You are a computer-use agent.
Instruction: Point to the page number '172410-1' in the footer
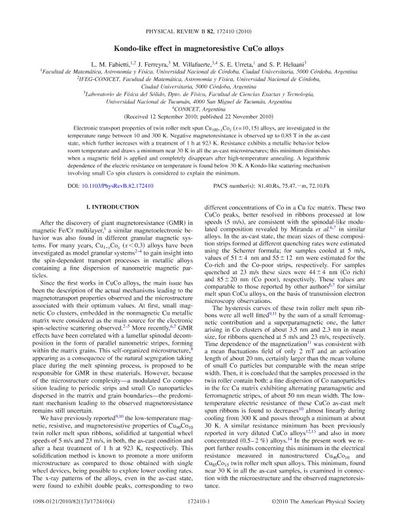tap(198, 518)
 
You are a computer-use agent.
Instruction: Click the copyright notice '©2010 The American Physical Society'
tap(327, 518)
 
